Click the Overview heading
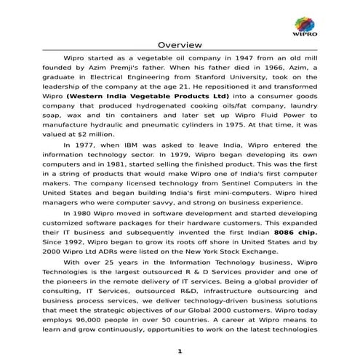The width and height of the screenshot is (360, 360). tap(180, 44)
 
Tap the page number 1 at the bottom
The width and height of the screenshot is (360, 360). tap(180, 351)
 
